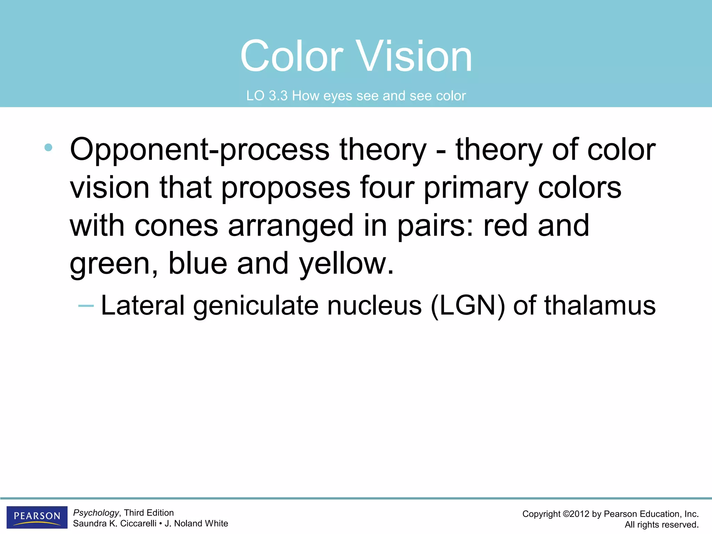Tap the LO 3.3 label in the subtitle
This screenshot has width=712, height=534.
click(x=267, y=96)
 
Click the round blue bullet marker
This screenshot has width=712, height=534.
click(x=48, y=147)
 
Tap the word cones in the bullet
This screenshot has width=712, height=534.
click(x=176, y=226)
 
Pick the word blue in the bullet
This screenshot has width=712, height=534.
click(x=197, y=264)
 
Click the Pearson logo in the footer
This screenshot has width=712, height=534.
click(x=37, y=517)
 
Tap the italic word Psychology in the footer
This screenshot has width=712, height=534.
click(x=96, y=513)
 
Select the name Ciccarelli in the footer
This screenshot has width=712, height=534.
click(x=138, y=524)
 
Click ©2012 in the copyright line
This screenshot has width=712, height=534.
click(x=575, y=514)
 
